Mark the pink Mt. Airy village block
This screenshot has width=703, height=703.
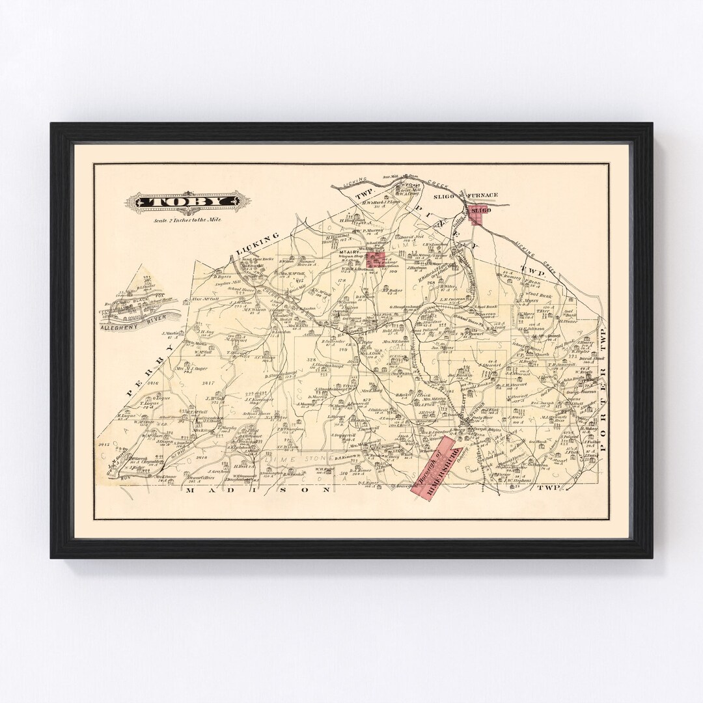[374, 261]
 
